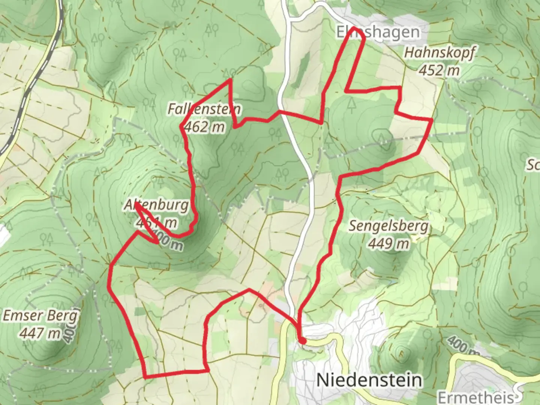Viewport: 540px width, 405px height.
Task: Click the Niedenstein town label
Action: (369, 380)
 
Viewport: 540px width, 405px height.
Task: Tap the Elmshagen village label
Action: (378, 32)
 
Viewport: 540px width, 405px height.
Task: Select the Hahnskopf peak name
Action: (439, 52)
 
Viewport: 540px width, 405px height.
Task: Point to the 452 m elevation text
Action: (439, 70)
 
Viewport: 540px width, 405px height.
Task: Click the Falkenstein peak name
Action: (204, 109)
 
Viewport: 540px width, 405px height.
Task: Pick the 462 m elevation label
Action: (204, 127)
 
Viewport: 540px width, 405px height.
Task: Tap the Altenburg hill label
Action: (156, 205)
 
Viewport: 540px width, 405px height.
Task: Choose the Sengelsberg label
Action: (388, 226)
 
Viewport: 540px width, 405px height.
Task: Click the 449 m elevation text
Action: (388, 244)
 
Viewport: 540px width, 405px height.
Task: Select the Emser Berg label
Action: (40, 315)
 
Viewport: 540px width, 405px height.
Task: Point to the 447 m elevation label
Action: (40, 333)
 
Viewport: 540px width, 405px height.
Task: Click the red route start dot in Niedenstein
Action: (302, 341)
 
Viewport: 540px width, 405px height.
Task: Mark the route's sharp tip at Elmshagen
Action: (355, 28)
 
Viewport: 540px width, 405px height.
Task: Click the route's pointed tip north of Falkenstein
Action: (230, 79)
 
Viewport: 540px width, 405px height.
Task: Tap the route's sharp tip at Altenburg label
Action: (136, 204)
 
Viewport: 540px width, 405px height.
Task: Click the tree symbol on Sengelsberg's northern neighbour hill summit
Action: (381, 137)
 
